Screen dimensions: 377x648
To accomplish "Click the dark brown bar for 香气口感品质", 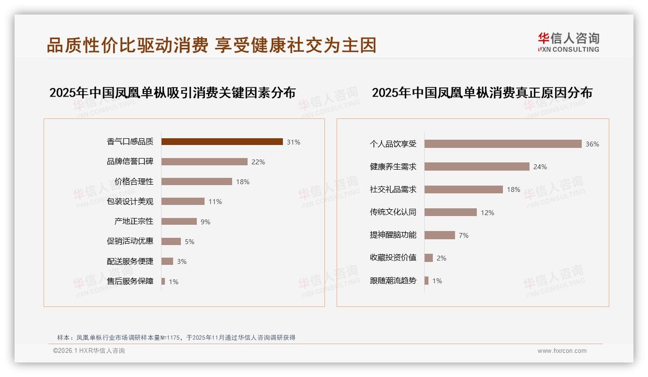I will [222, 142].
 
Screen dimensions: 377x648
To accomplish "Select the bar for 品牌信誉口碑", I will [204, 162].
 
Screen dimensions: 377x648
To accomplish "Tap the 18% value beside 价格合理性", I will [243, 182].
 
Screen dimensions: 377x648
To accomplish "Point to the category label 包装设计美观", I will [130, 202].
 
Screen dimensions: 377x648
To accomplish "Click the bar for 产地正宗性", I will [179, 221].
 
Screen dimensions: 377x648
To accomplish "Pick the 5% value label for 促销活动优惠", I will [190, 242].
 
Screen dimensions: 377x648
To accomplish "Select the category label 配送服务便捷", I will [130, 261].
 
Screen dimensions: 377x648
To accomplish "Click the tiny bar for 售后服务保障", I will [163, 281].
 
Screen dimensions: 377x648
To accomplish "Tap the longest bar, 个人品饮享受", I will [503, 144].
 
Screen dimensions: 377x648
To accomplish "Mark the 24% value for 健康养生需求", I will [540, 167].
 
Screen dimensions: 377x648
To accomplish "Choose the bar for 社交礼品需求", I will [464, 189].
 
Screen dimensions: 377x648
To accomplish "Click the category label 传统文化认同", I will [393, 212].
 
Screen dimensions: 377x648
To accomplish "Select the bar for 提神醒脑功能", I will [440, 235].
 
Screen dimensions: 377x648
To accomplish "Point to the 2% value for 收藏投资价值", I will [442, 258].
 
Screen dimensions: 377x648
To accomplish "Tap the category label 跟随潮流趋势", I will [393, 280].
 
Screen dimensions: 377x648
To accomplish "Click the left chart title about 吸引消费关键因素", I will [172, 92].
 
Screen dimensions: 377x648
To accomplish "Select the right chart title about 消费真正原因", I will [482, 92].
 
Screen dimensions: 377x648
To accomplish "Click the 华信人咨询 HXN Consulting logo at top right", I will [568, 43].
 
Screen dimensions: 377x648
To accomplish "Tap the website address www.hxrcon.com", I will [562, 351].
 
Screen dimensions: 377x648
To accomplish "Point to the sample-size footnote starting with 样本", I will [176, 338].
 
